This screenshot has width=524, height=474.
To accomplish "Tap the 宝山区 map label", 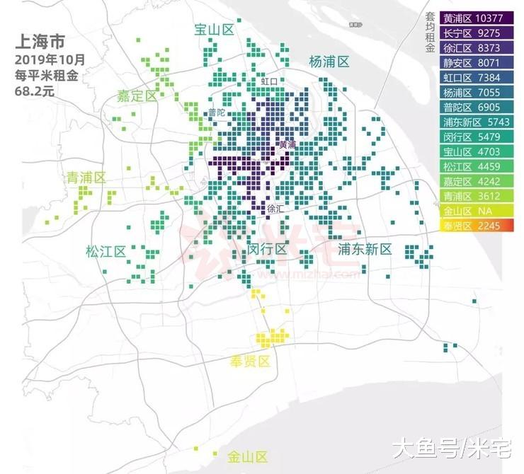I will (215, 30).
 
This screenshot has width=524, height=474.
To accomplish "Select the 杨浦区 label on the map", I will (329, 62).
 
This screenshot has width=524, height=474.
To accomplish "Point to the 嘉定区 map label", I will (137, 96).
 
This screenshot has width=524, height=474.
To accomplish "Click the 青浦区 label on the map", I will (86, 178).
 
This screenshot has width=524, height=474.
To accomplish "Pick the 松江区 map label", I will (106, 251).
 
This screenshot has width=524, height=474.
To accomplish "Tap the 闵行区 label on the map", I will (267, 249).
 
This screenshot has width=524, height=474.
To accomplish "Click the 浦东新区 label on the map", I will (365, 249).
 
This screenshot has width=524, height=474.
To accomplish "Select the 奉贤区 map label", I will (250, 362).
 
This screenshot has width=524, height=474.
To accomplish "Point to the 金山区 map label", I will (247, 456).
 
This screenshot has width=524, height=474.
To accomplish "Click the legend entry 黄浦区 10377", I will (471, 18).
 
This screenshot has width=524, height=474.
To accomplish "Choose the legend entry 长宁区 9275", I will (471, 33).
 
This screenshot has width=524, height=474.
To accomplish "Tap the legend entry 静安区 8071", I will (471, 63).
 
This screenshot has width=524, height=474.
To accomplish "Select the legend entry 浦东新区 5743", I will (471, 122).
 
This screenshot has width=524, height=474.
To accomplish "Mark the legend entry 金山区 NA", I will (471, 212).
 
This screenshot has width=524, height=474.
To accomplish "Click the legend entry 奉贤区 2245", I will (471, 226).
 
